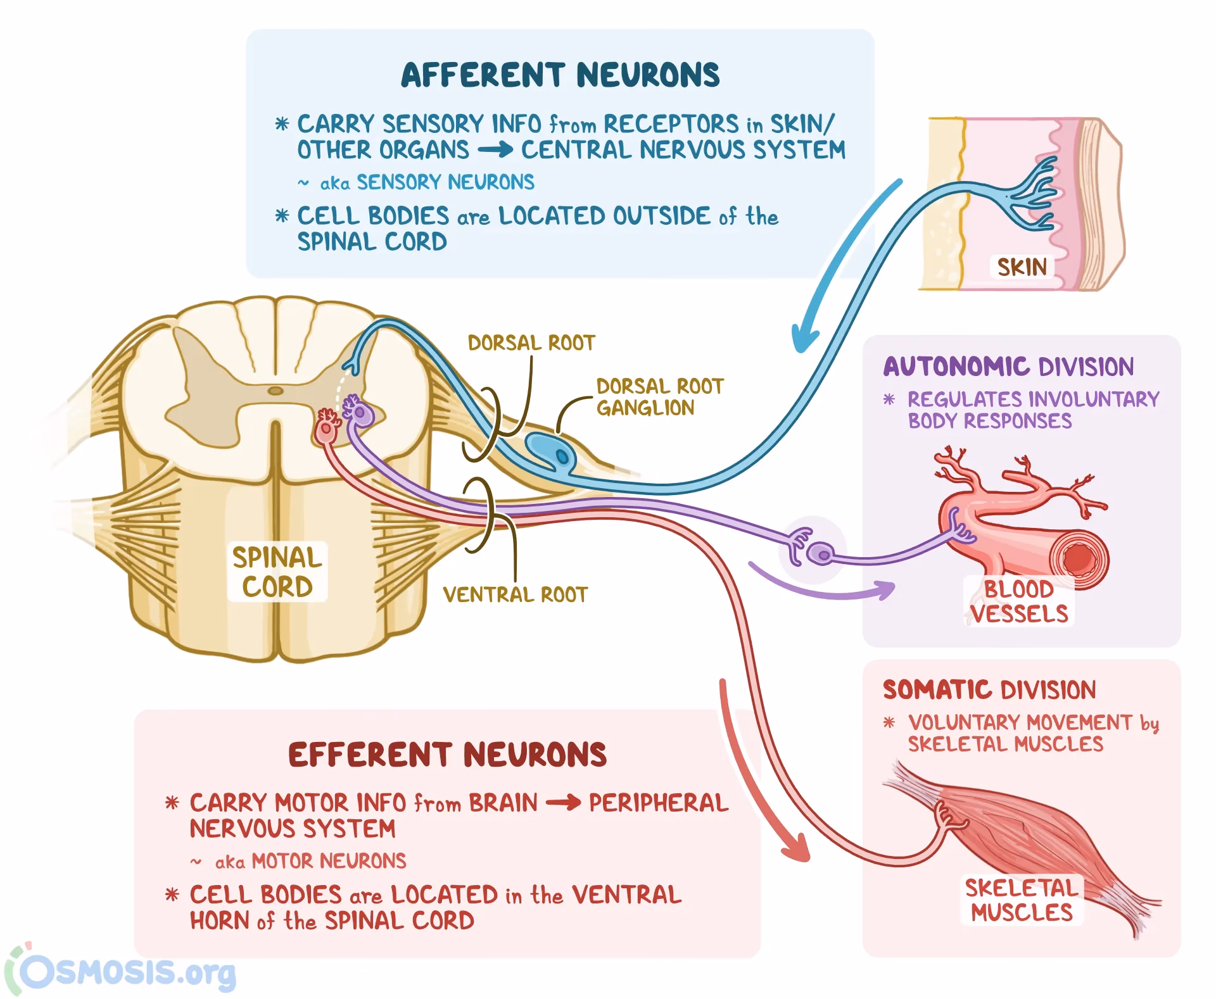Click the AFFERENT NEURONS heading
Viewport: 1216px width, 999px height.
560,75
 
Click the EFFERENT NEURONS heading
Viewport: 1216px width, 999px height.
447,755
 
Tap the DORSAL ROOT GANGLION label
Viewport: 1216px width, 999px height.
659,397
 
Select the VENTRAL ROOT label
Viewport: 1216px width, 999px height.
515,595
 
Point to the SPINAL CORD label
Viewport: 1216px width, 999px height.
277,572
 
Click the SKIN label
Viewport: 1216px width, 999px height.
1022,267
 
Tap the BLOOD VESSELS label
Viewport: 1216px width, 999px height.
1018,601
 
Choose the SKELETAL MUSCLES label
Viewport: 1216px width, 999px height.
1021,900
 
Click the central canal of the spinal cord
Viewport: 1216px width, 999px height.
275,391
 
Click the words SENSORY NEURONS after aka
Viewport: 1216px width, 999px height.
445,182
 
